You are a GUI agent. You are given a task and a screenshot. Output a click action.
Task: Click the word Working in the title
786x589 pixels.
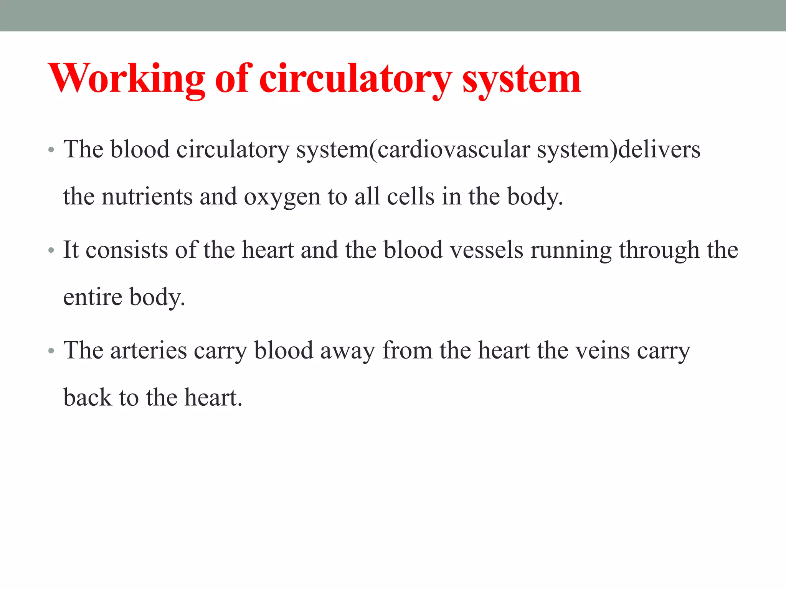[x=127, y=79]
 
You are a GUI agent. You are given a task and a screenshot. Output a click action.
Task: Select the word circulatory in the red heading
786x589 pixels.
[x=355, y=79]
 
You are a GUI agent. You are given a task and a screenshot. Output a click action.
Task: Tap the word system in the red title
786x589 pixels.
[x=522, y=79]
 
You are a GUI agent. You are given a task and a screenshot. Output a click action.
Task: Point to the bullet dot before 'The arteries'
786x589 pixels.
[x=51, y=351]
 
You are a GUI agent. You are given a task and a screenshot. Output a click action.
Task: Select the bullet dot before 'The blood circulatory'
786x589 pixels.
[x=51, y=150]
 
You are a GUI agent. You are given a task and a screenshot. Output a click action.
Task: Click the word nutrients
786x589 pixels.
[x=147, y=196]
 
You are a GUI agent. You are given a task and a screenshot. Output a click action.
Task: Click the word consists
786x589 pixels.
[x=127, y=250]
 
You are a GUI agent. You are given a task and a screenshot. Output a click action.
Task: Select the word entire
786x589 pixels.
[x=92, y=297]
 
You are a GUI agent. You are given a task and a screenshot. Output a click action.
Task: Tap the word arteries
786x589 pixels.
[x=149, y=350]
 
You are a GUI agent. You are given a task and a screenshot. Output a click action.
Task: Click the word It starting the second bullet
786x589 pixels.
[x=71, y=250]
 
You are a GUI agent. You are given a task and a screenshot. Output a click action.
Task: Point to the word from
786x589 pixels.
[x=408, y=350]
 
